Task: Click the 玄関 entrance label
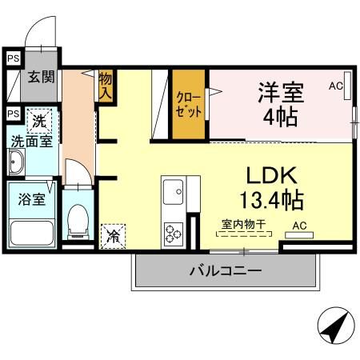pyautogui.click(x=41, y=77)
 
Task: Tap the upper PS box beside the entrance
pyautogui.click(x=14, y=58)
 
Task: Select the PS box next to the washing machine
pyautogui.click(x=14, y=114)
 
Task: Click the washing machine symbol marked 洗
pyautogui.click(x=39, y=122)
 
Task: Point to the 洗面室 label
pyautogui.click(x=32, y=141)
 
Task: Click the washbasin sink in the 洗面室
pyautogui.click(x=17, y=162)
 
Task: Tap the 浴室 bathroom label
pyautogui.click(x=32, y=199)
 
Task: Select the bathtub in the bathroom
pyautogui.click(x=31, y=234)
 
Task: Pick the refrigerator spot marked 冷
pyautogui.click(x=113, y=237)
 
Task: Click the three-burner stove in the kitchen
pyautogui.click(x=174, y=234)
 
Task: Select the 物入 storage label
pyautogui.click(x=106, y=86)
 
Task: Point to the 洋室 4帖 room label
pyautogui.click(x=281, y=105)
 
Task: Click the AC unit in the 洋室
pyautogui.click(x=347, y=86)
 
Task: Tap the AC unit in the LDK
pyautogui.click(x=299, y=235)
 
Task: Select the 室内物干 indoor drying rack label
pyautogui.click(x=244, y=224)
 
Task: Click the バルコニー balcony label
pyautogui.click(x=226, y=271)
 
